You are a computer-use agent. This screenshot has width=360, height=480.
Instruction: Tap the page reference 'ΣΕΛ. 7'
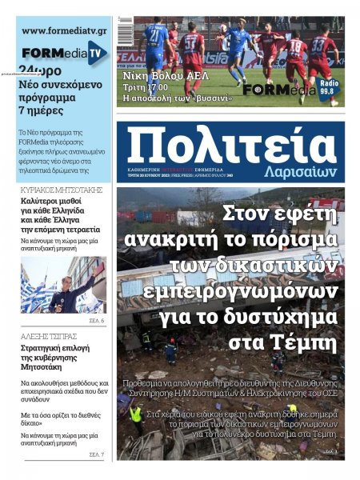point(97,454)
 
